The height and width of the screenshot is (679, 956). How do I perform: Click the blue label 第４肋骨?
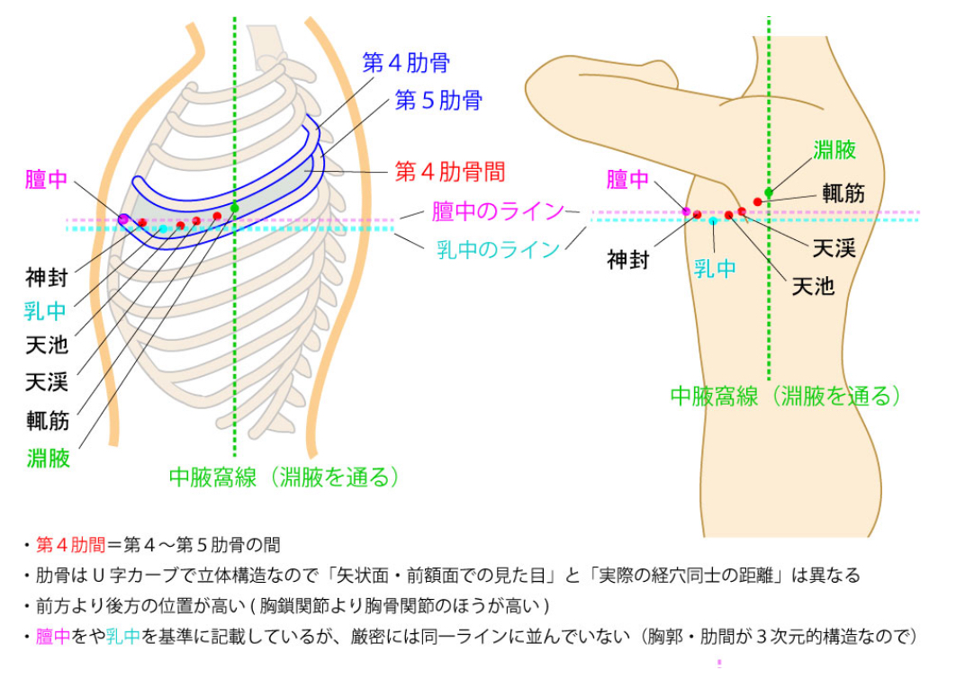406,63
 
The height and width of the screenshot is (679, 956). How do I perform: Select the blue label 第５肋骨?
438,99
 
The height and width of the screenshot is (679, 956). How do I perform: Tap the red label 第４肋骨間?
450,171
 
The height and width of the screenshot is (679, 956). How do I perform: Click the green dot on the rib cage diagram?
235,208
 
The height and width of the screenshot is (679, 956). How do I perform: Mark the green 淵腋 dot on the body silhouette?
768,192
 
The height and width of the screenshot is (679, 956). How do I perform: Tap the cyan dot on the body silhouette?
713,220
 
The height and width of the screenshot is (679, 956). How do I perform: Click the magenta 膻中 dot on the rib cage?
122,219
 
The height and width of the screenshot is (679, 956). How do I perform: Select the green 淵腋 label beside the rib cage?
48,459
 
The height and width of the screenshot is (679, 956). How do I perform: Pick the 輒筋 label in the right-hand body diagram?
843,192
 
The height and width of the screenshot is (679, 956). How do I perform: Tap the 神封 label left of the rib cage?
48,274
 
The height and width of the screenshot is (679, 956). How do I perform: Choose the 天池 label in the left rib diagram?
48,344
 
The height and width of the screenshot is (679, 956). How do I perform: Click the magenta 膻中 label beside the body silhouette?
627,180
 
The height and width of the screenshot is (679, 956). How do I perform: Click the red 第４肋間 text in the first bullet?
70,544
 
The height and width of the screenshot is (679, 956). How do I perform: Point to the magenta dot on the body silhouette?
686,211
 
